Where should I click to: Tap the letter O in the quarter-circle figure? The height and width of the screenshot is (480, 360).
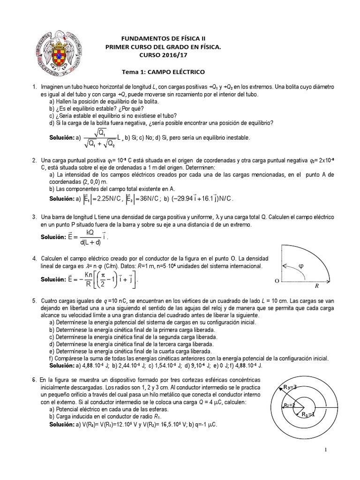click(x=270, y=281)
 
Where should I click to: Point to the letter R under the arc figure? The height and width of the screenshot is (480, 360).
click(x=316, y=285)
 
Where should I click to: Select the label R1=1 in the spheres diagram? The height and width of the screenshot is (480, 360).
click(x=309, y=414)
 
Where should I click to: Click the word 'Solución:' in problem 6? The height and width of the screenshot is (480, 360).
click(x=64, y=424)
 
